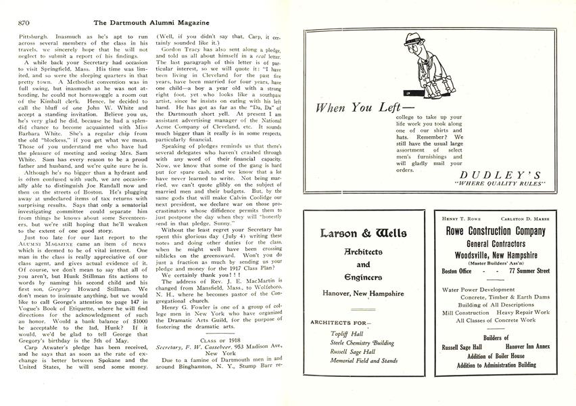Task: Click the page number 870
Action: pos(18,22)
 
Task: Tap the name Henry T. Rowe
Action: pos(462,219)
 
